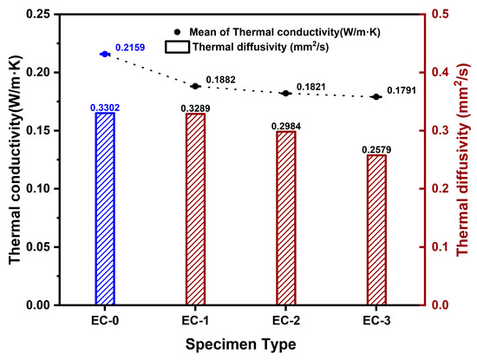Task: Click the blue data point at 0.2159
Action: [x=105, y=54]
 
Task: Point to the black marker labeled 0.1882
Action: [x=195, y=86]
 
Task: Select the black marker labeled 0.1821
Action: [x=285, y=93]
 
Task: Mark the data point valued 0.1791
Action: [x=376, y=96]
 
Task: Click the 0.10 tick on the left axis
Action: [x=43, y=189]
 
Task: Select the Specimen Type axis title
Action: [x=239, y=344]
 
